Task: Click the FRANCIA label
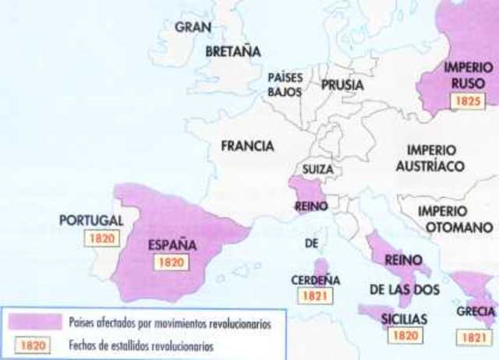(246, 146)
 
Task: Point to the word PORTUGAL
(91, 221)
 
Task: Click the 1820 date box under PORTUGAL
(103, 238)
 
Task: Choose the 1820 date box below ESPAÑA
(171, 263)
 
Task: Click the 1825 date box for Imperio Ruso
(468, 101)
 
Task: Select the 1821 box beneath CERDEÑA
(317, 295)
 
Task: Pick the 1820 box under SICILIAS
(404, 336)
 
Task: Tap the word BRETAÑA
(232, 52)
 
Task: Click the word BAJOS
(285, 94)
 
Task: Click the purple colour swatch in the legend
(35, 322)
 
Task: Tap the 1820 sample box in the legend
(32, 344)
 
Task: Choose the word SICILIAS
(405, 319)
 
